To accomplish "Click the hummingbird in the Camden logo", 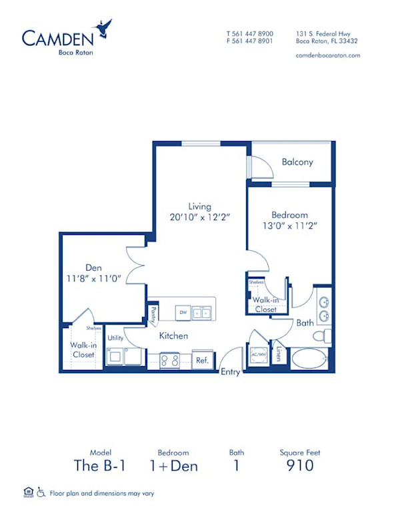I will (103, 28).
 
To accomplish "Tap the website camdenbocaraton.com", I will (327, 55).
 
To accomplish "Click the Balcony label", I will (297, 162).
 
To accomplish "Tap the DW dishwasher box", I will (182, 311).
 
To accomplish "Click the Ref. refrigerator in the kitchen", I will (202, 360).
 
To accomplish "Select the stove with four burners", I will (170, 360).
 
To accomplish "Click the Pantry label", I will (154, 311).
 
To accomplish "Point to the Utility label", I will (115, 338).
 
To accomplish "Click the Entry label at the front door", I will (230, 372).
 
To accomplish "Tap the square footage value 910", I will (300, 466).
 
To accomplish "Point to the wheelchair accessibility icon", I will (41, 493).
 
